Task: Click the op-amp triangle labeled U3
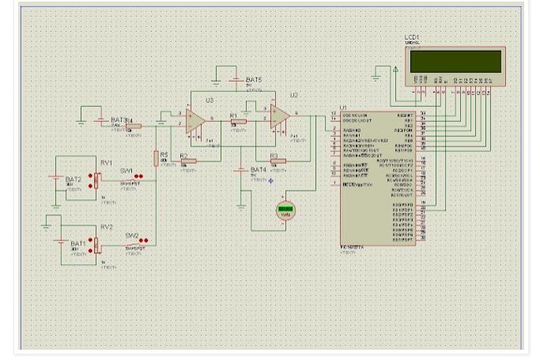point(196,119)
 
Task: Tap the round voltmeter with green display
point(285,211)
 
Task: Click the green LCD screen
point(455,61)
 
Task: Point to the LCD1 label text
point(412,37)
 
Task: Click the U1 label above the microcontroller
point(342,107)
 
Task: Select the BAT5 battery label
point(253,80)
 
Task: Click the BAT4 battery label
point(259,169)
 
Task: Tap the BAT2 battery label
point(74,180)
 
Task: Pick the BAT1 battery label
point(78,243)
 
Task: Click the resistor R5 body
point(157,157)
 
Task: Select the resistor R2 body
point(189,161)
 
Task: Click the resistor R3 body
point(278,161)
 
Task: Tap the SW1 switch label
point(127,171)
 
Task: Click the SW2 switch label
point(131,235)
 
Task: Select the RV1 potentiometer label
point(105,162)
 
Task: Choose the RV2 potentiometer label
point(106,226)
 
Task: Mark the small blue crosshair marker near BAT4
point(271,180)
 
